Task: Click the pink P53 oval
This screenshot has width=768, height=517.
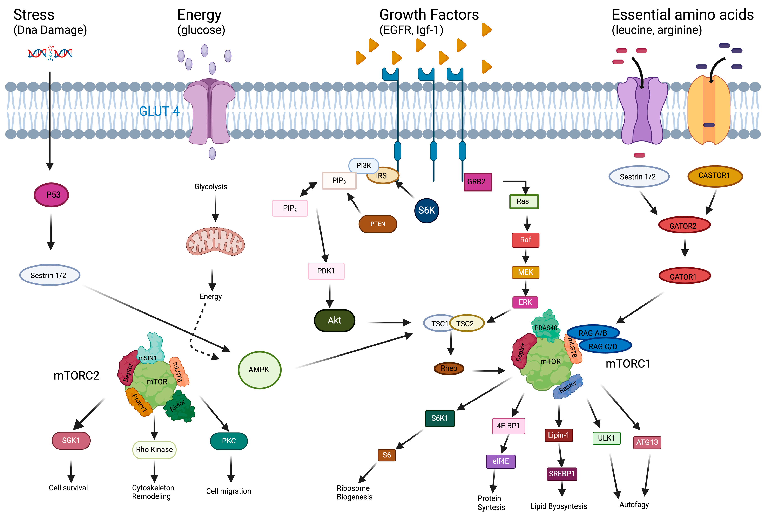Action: tap(52, 195)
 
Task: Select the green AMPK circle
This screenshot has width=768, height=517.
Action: tap(259, 370)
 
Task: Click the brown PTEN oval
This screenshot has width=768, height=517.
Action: tap(378, 224)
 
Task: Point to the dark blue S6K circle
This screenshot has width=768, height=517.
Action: tap(426, 210)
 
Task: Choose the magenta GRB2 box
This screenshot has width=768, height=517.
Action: tap(477, 182)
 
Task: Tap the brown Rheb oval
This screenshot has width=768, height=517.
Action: tap(449, 368)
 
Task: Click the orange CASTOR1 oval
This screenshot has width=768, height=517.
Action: tap(715, 176)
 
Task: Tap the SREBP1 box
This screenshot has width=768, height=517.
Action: tap(561, 474)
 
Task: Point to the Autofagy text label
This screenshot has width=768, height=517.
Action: tap(634, 504)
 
